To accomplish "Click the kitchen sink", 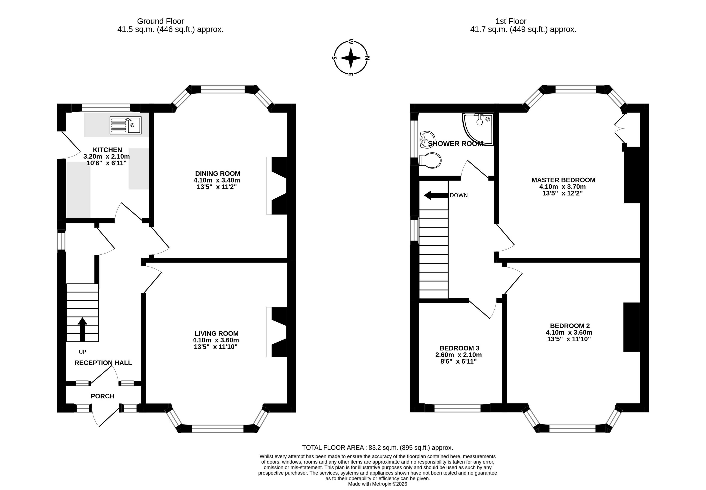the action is point(126,125).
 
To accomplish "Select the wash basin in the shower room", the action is point(427,140).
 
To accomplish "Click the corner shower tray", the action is point(478,129).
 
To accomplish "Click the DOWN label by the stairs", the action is point(459,195).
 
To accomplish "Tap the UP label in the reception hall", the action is point(82,352).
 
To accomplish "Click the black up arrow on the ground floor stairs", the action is point(82,330).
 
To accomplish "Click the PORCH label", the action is point(102,396).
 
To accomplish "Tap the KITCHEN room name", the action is point(107,150).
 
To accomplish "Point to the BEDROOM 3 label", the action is point(459,348).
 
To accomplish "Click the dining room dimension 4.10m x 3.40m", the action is point(217,180).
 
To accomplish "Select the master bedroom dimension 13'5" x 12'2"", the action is point(562,193).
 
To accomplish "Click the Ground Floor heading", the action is point(160,21).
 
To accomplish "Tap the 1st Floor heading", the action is point(511,21).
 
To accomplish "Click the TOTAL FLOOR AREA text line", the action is point(378,448).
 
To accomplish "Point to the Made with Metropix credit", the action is point(378,484).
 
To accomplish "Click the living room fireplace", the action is point(277,332).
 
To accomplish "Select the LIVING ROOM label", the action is point(217,333).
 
